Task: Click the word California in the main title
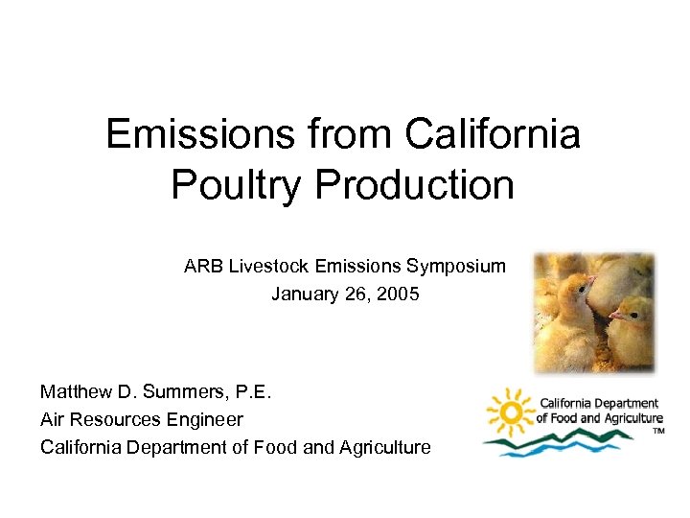pyautogui.click(x=493, y=134)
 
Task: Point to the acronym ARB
pyautogui.click(x=204, y=267)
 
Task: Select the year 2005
pyautogui.click(x=397, y=294)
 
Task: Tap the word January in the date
pyautogui.click(x=304, y=294)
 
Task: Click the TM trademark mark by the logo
pyautogui.click(x=658, y=432)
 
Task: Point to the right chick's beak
pyautogui.click(x=612, y=314)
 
